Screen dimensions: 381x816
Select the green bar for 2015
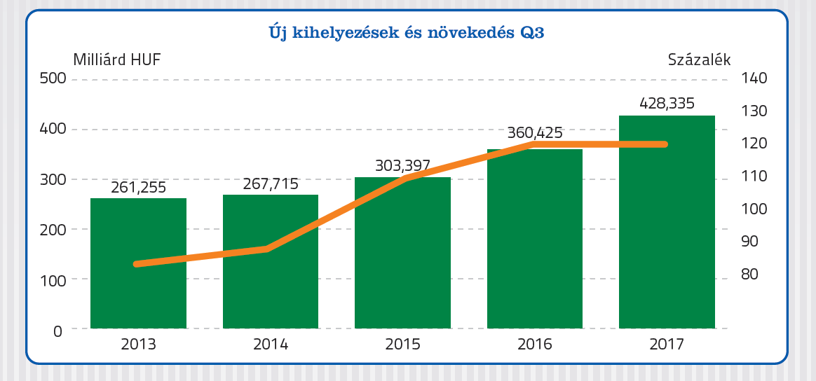(x=402, y=253)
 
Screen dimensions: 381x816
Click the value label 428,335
(x=667, y=104)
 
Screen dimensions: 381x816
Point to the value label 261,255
(x=139, y=188)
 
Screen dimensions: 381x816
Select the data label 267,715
(x=271, y=184)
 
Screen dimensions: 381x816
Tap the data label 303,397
(x=402, y=166)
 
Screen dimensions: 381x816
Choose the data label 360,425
(x=534, y=133)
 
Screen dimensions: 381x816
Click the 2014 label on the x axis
(x=271, y=345)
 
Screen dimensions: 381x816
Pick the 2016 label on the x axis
(x=535, y=345)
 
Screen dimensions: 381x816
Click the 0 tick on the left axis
(x=58, y=331)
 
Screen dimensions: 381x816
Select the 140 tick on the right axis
(x=754, y=78)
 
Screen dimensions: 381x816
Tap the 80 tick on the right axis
(x=750, y=274)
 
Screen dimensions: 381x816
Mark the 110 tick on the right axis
(x=754, y=176)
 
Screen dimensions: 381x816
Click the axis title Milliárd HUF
(x=117, y=59)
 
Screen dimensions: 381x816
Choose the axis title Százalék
(x=699, y=59)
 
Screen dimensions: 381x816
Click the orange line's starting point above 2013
(x=136, y=264)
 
